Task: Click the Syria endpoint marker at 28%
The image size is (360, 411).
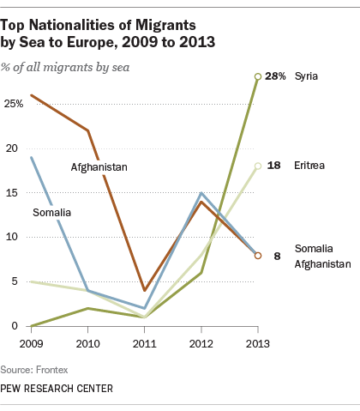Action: click(x=258, y=76)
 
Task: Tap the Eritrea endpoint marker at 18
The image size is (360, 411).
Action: click(x=258, y=166)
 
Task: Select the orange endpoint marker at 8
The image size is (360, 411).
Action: click(x=258, y=256)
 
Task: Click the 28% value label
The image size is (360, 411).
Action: click(x=275, y=76)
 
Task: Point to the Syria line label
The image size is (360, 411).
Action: click(x=306, y=76)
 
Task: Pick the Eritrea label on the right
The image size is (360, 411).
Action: click(x=309, y=166)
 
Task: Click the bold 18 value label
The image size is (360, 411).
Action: click(x=273, y=166)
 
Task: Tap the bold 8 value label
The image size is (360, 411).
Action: click(x=277, y=256)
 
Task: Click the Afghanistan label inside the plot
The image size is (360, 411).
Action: click(x=99, y=167)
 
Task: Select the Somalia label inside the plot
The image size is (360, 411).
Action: click(x=51, y=213)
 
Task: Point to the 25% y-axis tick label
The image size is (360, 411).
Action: click(x=14, y=104)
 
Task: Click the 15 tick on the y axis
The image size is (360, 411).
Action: click(x=12, y=193)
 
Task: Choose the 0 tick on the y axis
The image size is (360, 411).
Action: click(x=15, y=326)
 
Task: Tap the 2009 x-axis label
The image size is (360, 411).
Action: click(x=31, y=344)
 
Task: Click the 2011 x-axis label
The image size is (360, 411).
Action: click(x=144, y=344)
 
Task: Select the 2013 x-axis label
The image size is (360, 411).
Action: click(x=258, y=344)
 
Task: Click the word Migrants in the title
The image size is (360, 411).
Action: click(x=165, y=26)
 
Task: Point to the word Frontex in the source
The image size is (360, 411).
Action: click(x=52, y=370)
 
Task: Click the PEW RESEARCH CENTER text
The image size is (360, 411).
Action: click(x=57, y=389)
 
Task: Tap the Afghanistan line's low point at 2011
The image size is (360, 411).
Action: click(x=145, y=290)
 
